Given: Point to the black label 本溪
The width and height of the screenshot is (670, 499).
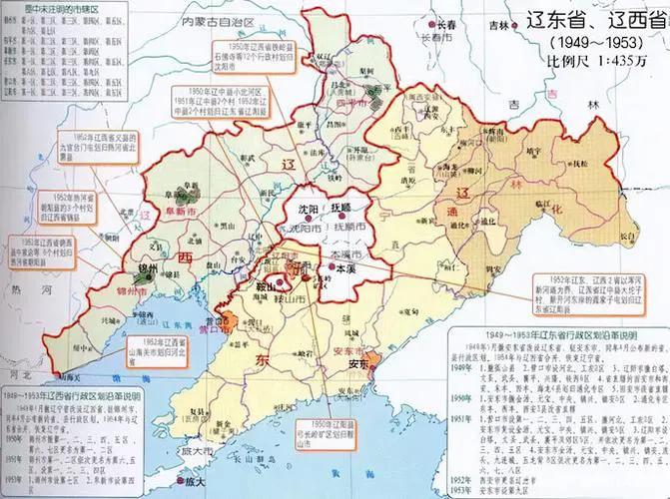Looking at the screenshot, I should click(x=343, y=269).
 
